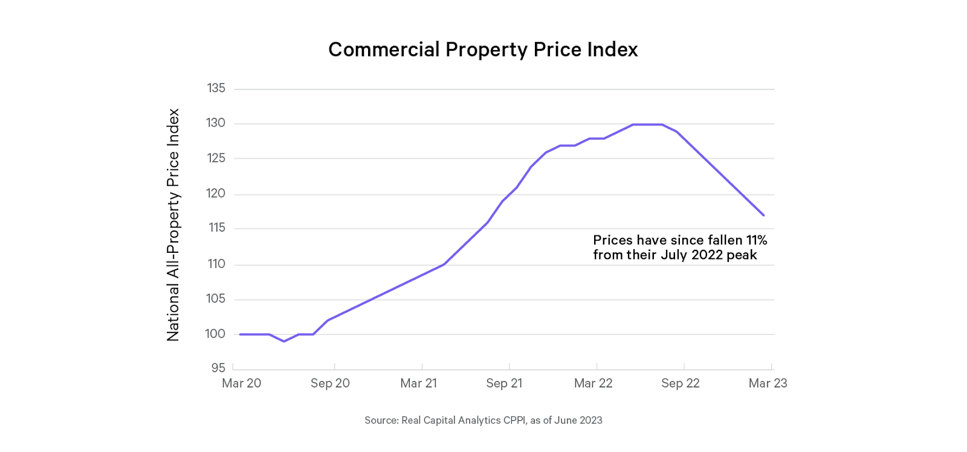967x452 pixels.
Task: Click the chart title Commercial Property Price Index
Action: point(483,49)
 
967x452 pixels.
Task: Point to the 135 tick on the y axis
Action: point(216,88)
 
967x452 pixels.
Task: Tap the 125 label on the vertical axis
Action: point(216,158)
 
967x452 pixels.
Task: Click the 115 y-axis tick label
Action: point(216,228)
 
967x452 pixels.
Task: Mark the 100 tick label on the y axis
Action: point(215,334)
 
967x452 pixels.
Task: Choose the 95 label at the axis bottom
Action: point(218,368)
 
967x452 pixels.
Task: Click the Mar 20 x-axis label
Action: point(241,383)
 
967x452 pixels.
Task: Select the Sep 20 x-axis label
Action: point(330,383)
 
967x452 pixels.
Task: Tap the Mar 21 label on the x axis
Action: point(418,383)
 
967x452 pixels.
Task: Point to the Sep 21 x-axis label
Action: point(504,383)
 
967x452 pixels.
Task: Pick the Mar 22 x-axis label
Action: point(593,383)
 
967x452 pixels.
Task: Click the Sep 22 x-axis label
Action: point(680,383)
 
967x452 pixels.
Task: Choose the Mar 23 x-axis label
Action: point(768,383)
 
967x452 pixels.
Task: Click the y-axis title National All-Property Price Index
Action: point(173,224)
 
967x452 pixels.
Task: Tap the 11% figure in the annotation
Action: point(756,240)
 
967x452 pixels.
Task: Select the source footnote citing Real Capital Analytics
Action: point(483,421)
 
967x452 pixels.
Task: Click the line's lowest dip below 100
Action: point(284,341)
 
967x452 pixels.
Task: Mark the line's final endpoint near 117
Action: point(764,215)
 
